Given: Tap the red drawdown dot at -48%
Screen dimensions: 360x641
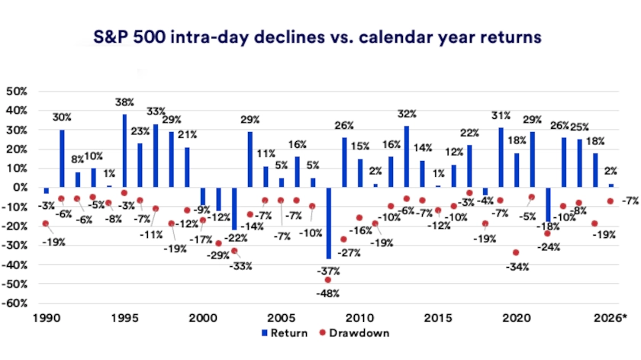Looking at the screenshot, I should coord(328,280).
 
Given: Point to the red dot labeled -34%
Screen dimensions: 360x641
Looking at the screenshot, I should coord(517,252).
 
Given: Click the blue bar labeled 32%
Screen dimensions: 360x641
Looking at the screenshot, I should coord(407,156).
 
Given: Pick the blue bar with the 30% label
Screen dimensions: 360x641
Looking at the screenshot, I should coord(62,158).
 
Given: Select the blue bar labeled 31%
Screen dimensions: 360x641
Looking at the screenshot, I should coord(501,157).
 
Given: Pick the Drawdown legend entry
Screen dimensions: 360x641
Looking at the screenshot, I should coord(359,333).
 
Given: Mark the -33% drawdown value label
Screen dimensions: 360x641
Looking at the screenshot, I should coord(240,266).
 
